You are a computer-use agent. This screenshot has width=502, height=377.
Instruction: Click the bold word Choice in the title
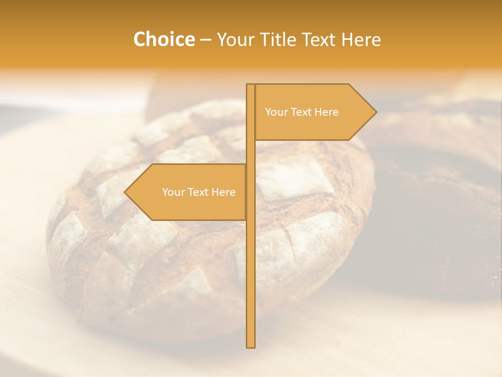tap(164, 39)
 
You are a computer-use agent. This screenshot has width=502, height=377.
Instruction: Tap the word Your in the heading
tap(238, 39)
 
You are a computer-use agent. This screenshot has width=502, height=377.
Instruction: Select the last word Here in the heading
tap(360, 39)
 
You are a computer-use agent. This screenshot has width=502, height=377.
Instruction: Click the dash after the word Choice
tap(206, 40)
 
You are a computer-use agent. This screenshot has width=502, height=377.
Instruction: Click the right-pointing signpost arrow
tap(314, 112)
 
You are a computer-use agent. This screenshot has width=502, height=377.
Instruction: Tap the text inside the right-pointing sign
tap(302, 112)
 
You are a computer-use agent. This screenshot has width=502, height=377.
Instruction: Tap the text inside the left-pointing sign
tap(199, 192)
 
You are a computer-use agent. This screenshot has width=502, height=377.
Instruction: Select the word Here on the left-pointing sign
tap(224, 192)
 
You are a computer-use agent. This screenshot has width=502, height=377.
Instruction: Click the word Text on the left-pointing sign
tap(198, 192)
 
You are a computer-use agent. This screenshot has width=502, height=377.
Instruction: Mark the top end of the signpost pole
tap(251, 85)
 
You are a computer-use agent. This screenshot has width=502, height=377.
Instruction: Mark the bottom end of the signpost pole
tap(251, 346)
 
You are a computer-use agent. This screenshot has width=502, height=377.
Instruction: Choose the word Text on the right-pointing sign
tap(301, 112)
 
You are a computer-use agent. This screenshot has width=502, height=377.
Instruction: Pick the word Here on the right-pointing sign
tap(327, 112)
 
